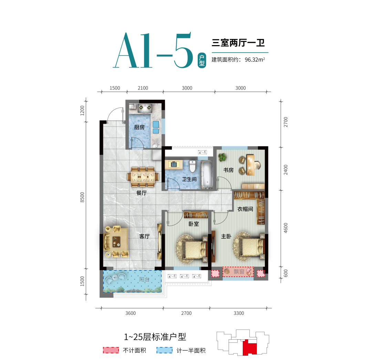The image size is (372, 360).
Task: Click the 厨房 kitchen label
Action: [139, 127]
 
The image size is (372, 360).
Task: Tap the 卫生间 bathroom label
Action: [189, 179]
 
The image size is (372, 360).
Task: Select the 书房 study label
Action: [228, 170]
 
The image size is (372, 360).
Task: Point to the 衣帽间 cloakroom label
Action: [245, 209]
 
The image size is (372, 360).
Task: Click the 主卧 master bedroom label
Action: [226, 236]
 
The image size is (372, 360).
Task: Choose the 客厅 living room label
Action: [144, 236]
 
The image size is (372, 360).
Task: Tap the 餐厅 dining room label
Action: [142, 193]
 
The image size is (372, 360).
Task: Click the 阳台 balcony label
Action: [144, 279]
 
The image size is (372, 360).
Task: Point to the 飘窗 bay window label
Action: [239, 271]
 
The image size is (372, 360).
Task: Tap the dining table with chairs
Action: [143, 177]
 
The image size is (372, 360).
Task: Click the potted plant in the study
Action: [222, 157]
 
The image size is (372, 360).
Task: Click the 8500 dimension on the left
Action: [82, 197]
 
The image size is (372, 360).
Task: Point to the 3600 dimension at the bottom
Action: [131, 313]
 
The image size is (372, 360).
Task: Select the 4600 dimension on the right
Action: [286, 228]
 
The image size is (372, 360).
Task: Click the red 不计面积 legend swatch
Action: [111, 350]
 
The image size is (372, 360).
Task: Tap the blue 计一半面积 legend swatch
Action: [164, 350]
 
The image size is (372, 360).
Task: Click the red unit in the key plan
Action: [250, 348]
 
